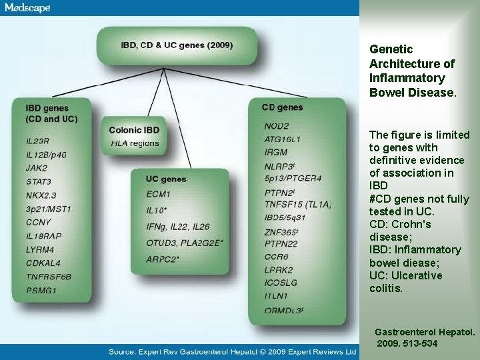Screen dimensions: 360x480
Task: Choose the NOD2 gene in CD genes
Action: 276,126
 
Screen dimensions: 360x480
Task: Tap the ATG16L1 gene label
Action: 283,139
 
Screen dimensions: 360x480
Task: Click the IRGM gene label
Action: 276,153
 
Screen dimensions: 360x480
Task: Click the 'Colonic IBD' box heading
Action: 133,129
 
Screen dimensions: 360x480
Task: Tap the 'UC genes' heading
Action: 166,179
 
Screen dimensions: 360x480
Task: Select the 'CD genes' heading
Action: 283,107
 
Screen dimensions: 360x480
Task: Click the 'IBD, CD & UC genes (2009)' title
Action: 176,45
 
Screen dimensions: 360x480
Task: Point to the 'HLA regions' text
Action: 135,143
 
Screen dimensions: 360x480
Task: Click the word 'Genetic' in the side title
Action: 391,49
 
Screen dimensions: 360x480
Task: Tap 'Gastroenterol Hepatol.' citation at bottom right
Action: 425,331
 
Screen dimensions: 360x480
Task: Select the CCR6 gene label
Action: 276,257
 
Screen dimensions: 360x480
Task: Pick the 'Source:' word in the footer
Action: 125,351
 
